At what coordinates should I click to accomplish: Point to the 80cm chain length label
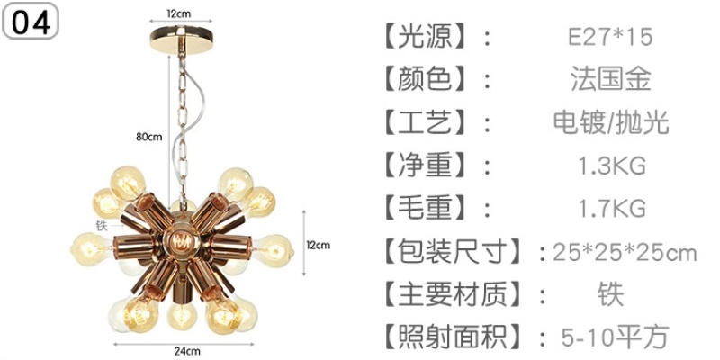click(148, 137)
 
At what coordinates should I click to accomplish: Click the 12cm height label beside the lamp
click(318, 244)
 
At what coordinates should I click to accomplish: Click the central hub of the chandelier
click(184, 244)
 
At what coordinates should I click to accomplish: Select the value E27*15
click(609, 37)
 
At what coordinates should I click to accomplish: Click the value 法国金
click(610, 79)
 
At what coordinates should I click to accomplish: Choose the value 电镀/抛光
click(610, 122)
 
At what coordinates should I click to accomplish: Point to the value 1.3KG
click(610, 166)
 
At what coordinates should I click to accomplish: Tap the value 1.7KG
click(610, 209)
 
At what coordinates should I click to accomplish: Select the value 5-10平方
click(615, 337)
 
